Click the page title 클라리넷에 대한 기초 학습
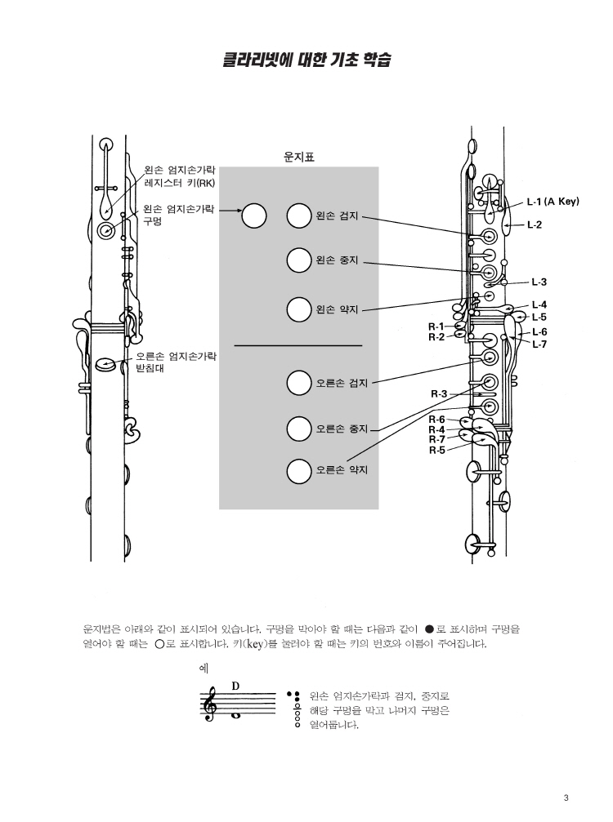[x=304, y=60]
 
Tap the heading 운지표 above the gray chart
[x=298, y=157]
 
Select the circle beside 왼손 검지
[x=299, y=216]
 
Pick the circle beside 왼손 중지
[x=299, y=261]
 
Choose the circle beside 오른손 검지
[x=299, y=381]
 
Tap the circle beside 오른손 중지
[x=299, y=426]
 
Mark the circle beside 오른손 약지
[x=299, y=470]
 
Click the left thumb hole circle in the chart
[x=254, y=215]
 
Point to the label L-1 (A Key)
[x=553, y=202]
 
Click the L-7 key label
[x=540, y=344]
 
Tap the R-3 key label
[x=439, y=394]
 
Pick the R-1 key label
[x=436, y=327]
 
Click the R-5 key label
[x=437, y=449]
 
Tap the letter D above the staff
[x=235, y=685]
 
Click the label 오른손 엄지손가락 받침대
[x=176, y=362]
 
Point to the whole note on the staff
[x=235, y=716]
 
